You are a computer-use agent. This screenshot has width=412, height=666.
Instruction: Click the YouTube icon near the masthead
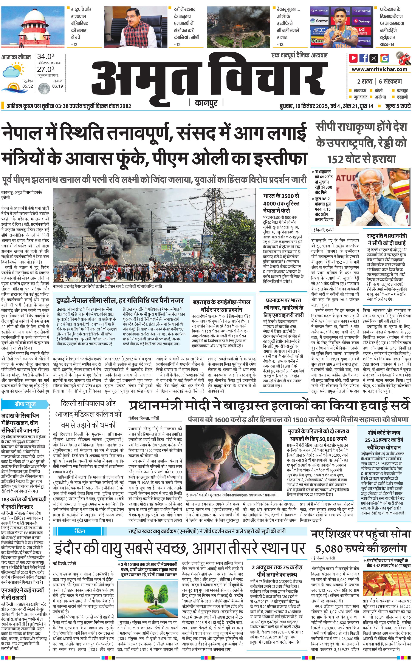click(353, 58)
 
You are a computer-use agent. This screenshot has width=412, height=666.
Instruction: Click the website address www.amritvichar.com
click(379, 69)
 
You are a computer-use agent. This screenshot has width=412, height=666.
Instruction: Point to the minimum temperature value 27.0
click(45, 69)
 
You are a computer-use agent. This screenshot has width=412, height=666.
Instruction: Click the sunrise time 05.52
click(28, 86)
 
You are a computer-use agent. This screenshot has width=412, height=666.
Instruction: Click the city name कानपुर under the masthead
click(206, 103)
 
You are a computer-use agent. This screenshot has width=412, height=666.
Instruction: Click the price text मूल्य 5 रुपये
click(398, 106)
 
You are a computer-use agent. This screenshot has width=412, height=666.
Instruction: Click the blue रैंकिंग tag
click(80, 531)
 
